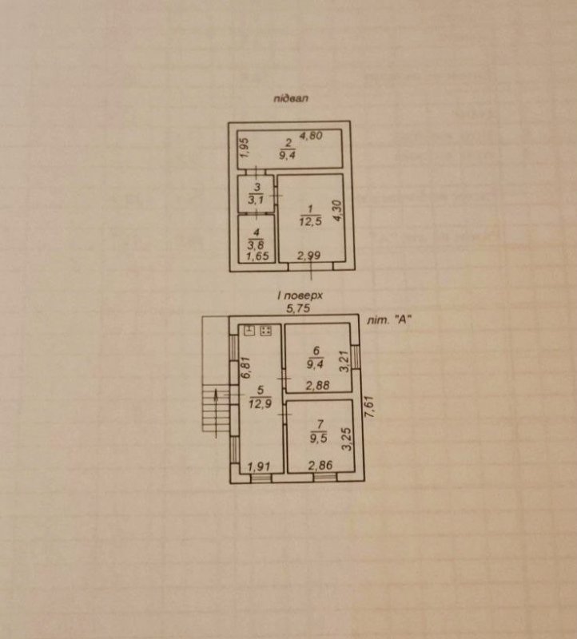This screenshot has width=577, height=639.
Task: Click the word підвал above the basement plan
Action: pos(291,98)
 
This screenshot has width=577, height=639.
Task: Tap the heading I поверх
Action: pos(300,295)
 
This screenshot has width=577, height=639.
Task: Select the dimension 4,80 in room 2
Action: pos(311,136)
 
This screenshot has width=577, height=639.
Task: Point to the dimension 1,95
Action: pos(244,148)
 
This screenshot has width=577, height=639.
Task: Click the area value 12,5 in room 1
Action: pos(310,222)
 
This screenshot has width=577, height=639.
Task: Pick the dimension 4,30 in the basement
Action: pos(339,211)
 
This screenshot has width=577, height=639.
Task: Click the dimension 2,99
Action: pos(308,256)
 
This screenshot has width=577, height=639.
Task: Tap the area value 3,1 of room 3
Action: pos(256,200)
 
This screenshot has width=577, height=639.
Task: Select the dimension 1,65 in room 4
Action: pos(257,256)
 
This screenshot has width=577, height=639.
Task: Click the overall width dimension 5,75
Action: pos(298,308)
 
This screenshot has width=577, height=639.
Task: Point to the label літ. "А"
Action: pos(388,320)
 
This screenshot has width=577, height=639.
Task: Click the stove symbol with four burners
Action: pos(266,330)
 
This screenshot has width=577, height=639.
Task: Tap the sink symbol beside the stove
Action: pos(249,330)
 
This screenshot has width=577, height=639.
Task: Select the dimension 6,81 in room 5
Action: pos(245,368)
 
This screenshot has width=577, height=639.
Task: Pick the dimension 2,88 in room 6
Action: pos(317,385)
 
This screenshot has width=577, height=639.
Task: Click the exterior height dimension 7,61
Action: pos(369,407)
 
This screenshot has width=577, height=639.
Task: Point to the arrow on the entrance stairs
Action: pos(216,414)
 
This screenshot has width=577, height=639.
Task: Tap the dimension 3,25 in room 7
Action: pos(346,439)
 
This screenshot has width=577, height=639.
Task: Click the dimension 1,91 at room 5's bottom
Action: pos(260,466)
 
